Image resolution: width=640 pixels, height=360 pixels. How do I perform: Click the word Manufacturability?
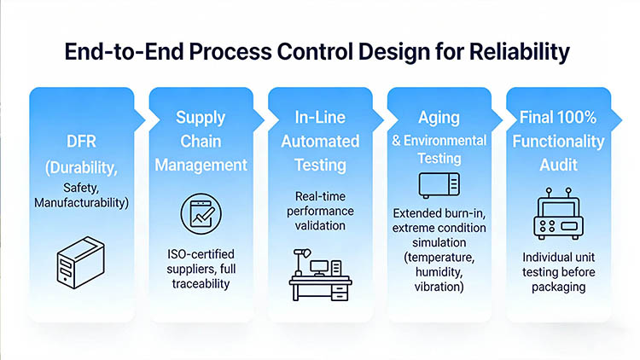point(80,203)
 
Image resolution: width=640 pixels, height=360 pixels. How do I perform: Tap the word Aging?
point(438,117)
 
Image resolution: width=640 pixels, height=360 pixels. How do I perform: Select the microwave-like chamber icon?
point(439,183)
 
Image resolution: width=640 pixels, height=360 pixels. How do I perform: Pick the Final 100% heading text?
point(559,117)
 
